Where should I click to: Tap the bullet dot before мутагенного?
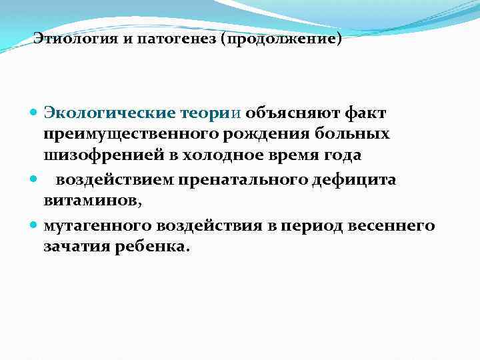pyautogui.click(x=35, y=226)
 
